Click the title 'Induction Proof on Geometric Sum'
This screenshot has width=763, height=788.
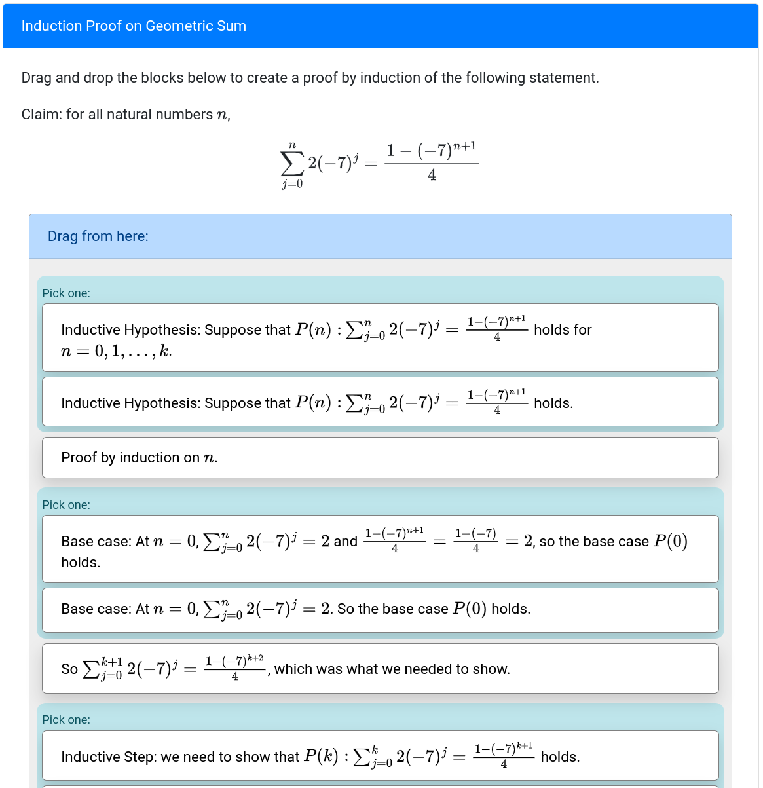pyautogui.click(x=134, y=26)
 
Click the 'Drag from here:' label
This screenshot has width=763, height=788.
pyautogui.click(x=98, y=236)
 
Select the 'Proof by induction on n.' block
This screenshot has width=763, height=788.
pyautogui.click(x=380, y=457)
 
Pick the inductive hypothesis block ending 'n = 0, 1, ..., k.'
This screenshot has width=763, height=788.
pyautogui.click(x=380, y=338)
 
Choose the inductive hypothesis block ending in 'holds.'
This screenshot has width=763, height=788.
pyautogui.click(x=380, y=402)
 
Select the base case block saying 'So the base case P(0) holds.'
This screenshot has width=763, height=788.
pyautogui.click(x=380, y=609)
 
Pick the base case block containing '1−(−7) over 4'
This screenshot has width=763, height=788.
pyautogui.click(x=380, y=549)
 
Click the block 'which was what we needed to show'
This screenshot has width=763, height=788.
pyautogui.click(x=380, y=669)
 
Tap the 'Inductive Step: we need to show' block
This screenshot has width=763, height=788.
pyautogui.click(x=380, y=756)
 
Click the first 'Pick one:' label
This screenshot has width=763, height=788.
pyautogui.click(x=66, y=293)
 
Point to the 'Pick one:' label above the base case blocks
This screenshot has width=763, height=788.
pyautogui.click(x=66, y=505)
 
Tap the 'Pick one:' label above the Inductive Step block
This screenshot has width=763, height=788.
pyautogui.click(x=66, y=720)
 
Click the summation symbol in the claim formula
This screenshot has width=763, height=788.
pyautogui.click(x=292, y=163)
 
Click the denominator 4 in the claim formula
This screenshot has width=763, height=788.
pyautogui.click(x=432, y=176)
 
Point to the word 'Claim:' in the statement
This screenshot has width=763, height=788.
pyautogui.click(x=42, y=115)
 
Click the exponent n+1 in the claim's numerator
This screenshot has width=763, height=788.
pyautogui.click(x=464, y=146)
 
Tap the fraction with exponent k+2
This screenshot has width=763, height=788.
pyautogui.click(x=234, y=668)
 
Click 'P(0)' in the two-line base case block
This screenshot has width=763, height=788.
pyautogui.click(x=671, y=541)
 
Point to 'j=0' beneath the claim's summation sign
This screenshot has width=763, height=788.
pyautogui.click(x=292, y=184)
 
